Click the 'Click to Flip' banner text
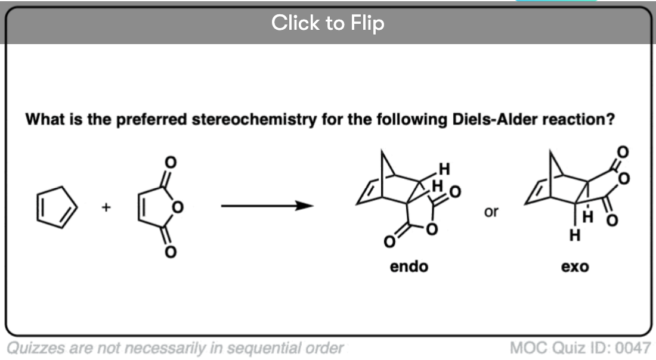tap(327, 23)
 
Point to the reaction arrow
tap(267, 206)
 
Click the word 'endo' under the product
tap(409, 266)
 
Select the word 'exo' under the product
tap(574, 266)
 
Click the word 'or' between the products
tap(491, 212)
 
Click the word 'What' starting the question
tap(43, 119)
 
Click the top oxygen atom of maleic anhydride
tap(171, 162)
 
